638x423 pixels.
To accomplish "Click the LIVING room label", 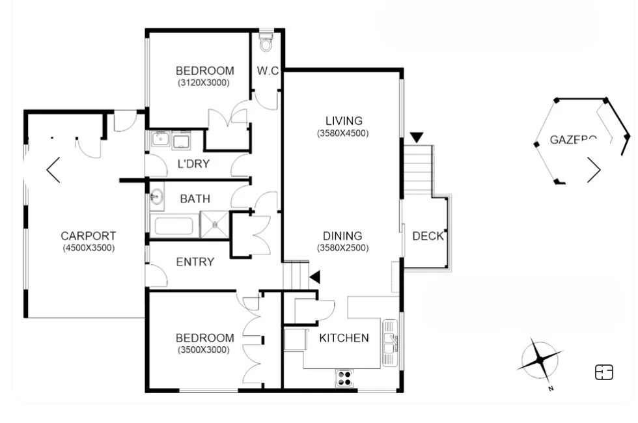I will click(344, 121).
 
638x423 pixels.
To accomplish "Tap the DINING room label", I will click(343, 236).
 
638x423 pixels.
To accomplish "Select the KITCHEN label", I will click(344, 338).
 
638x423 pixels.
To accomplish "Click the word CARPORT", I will click(89, 236).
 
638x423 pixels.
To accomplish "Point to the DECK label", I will click(428, 236).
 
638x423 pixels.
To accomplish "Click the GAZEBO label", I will click(573, 139).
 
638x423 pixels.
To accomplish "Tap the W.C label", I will click(268, 71).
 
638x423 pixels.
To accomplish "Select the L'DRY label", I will click(194, 164).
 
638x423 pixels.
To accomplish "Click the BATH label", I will click(195, 198).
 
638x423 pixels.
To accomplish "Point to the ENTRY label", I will click(195, 262).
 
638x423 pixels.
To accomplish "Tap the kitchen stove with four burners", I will click(344, 378).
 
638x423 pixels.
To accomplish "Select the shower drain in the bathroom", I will click(215, 225).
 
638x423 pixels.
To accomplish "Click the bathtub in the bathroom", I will click(173, 226).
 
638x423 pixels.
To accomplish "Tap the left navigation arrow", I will click(53, 170).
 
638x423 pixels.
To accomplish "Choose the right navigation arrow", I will click(594, 170).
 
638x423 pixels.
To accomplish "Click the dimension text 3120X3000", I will click(204, 83).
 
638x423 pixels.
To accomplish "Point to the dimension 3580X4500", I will click(343, 133).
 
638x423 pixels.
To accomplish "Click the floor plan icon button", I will click(604, 372).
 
